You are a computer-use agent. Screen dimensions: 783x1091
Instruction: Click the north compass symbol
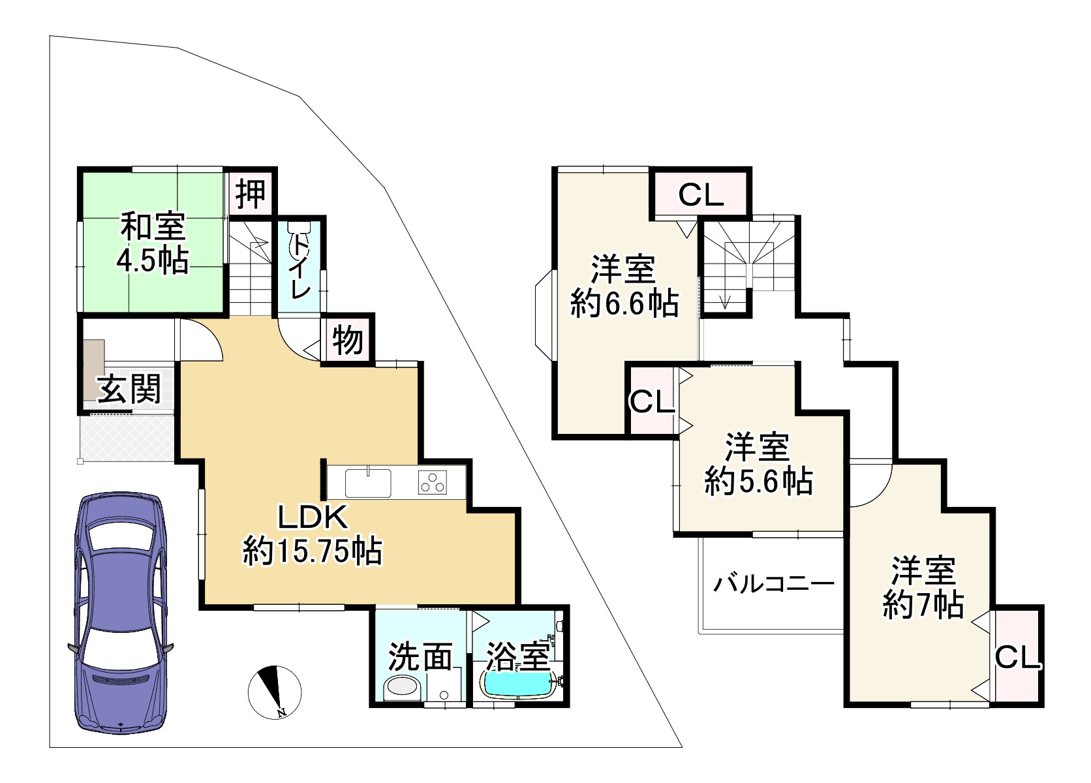pyautogui.click(x=275, y=692)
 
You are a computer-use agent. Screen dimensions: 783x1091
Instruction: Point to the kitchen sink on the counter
pyautogui.click(x=368, y=483)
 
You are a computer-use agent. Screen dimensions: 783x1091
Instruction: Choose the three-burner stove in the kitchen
pyautogui.click(x=432, y=483)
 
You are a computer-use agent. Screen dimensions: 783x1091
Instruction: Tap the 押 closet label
pyautogui.click(x=251, y=193)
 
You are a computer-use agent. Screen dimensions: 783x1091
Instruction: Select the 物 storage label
pyautogui.click(x=348, y=340)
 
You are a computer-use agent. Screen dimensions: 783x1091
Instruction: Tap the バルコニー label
pyautogui.click(x=773, y=583)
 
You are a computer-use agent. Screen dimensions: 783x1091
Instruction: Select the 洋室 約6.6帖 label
pyautogui.click(x=624, y=286)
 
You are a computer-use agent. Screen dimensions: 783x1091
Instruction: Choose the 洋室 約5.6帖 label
pyautogui.click(x=758, y=464)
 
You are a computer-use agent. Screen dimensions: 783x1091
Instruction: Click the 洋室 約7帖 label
pyautogui.click(x=923, y=588)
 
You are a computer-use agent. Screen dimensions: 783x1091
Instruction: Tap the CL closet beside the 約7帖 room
pyautogui.click(x=1017, y=658)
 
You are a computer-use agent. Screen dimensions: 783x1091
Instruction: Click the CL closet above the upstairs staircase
pyautogui.click(x=701, y=194)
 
